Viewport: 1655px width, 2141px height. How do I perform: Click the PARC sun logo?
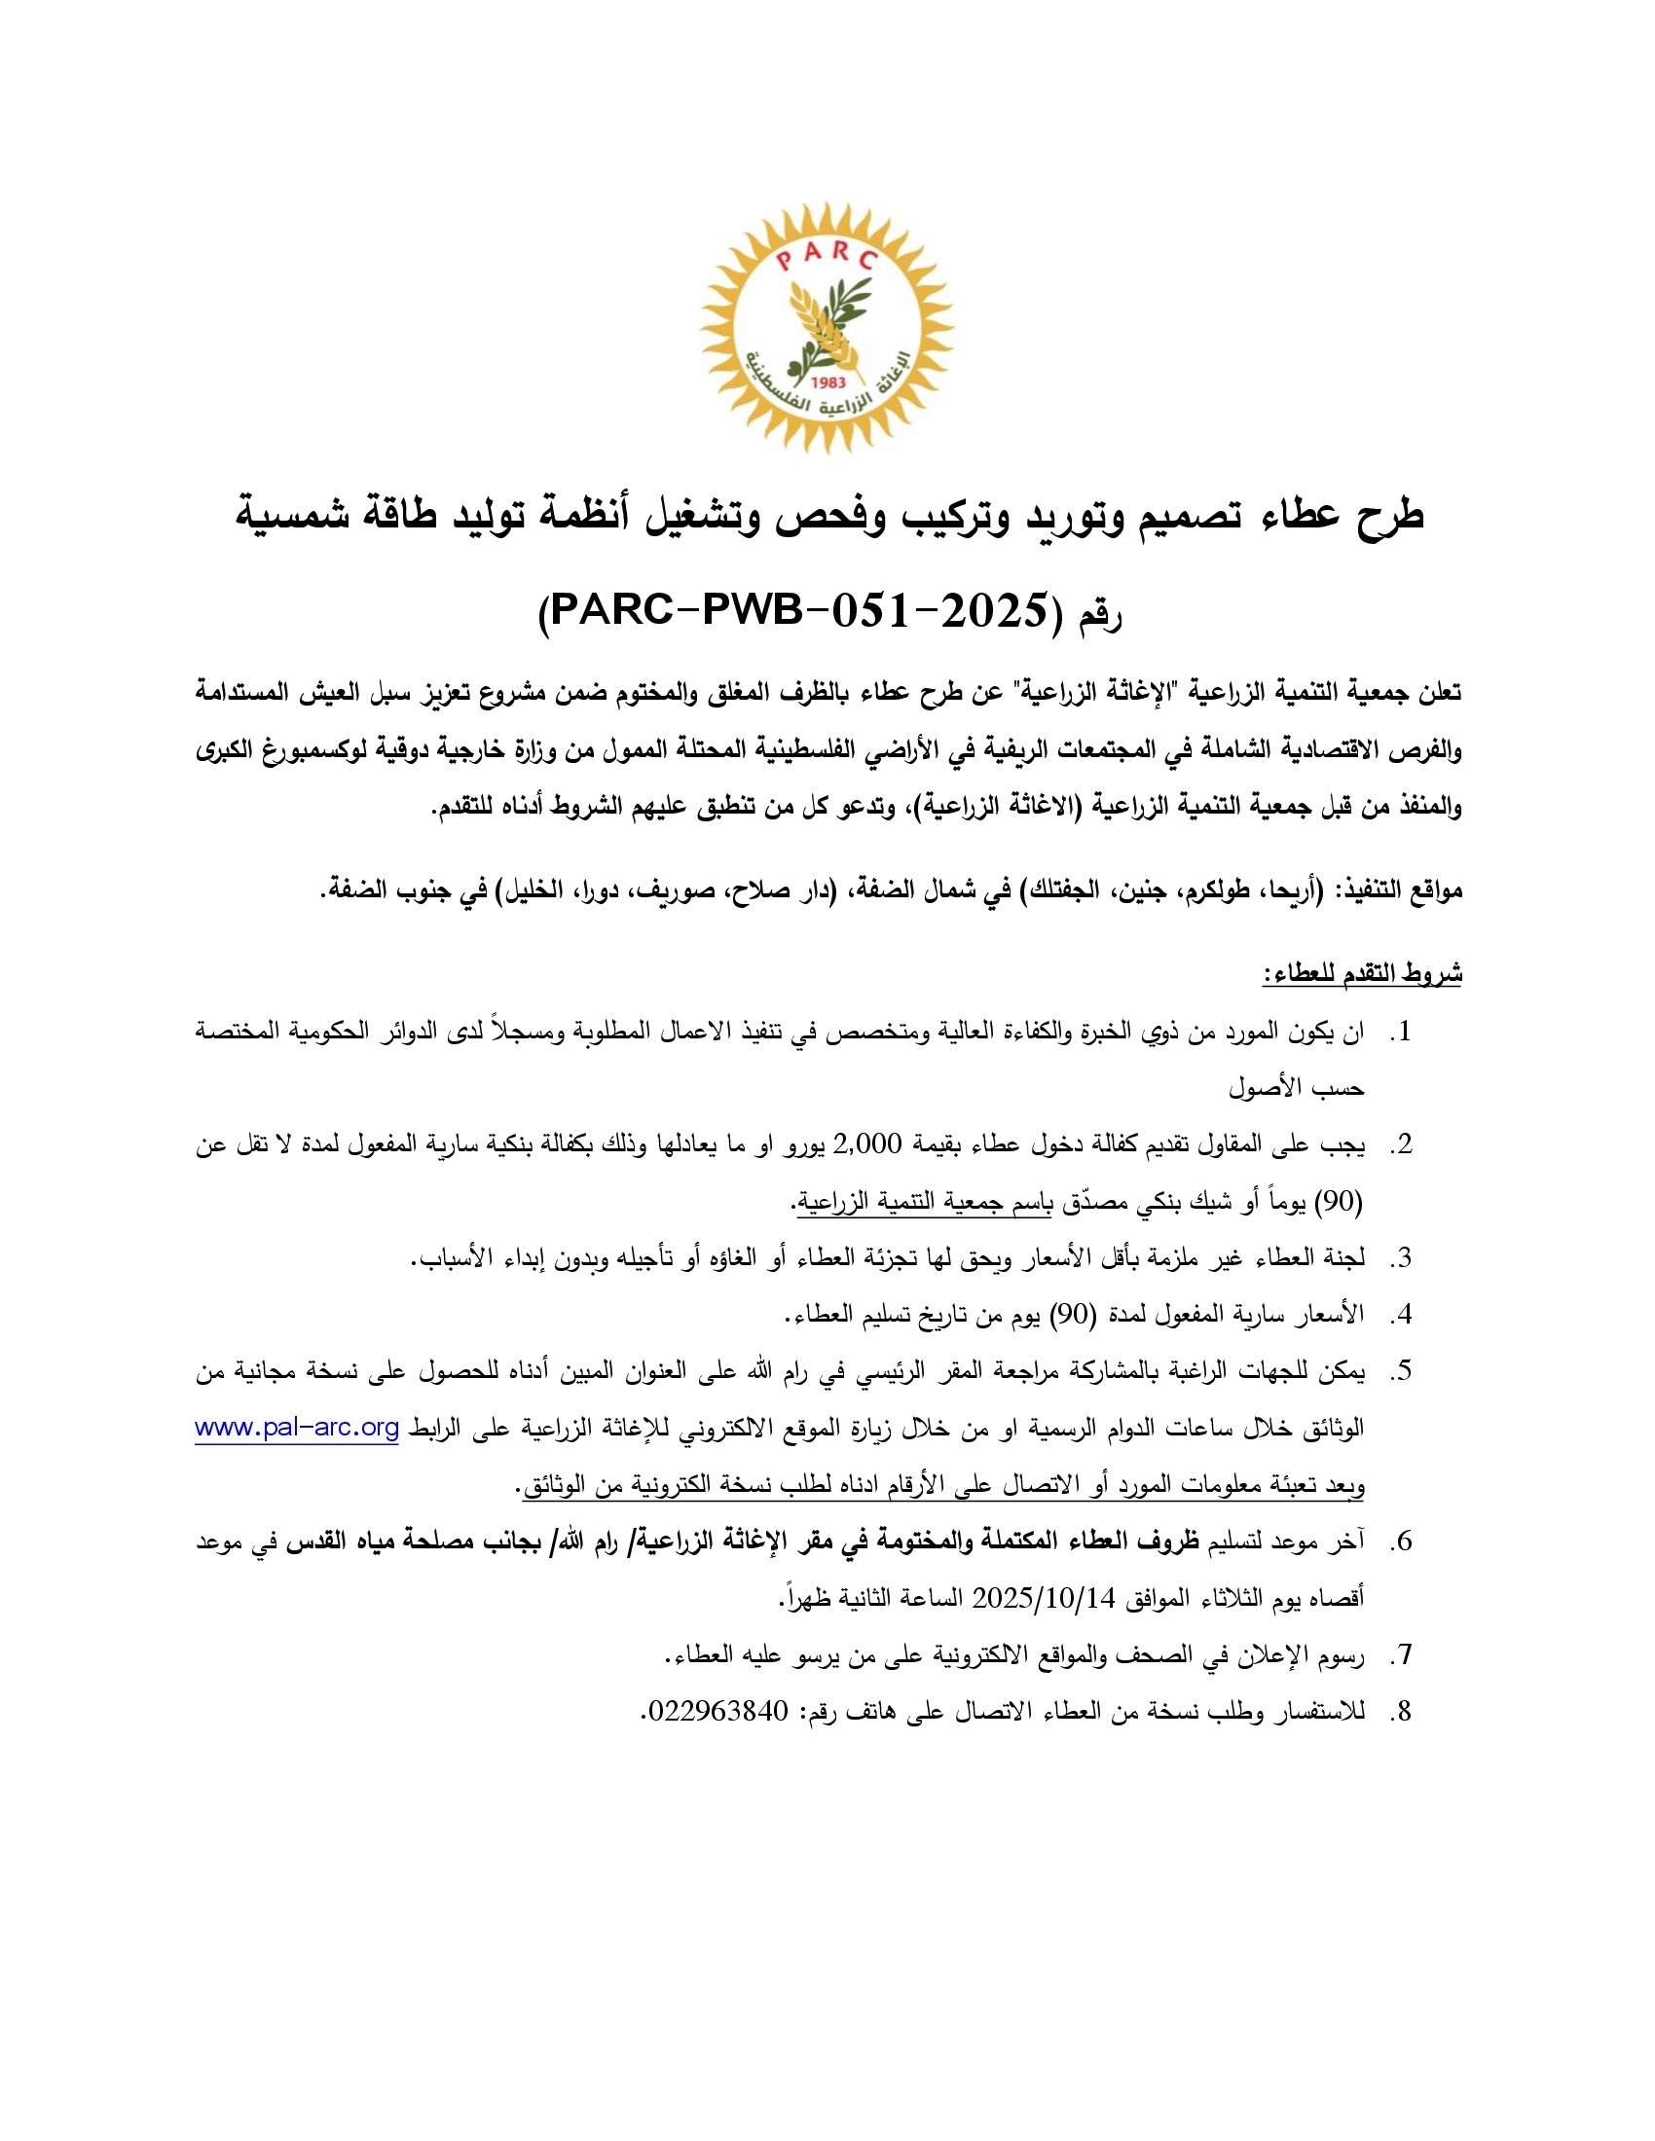pyautogui.click(x=827, y=327)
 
